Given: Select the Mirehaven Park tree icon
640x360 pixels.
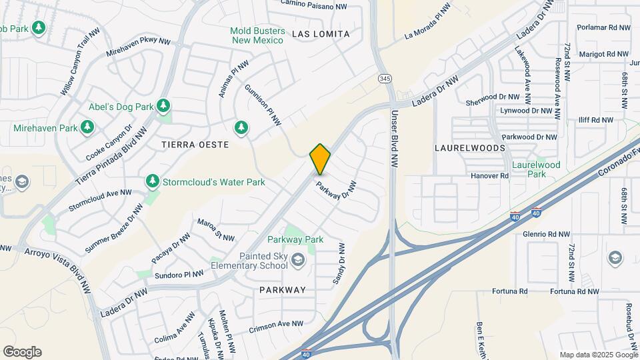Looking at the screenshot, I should [87, 127].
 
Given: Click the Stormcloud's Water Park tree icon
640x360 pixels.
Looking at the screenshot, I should [153, 181].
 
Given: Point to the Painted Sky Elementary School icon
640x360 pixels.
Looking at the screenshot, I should [297, 259].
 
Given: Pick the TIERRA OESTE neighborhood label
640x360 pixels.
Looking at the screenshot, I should [195, 145].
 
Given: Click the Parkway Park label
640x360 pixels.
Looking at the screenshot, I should [295, 239].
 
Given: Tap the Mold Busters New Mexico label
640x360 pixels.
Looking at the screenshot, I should [257, 35].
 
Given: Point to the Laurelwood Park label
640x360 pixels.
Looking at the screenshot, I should [536, 169].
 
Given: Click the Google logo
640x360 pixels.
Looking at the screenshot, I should [22, 352].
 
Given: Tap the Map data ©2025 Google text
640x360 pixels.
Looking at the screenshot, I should [599, 355].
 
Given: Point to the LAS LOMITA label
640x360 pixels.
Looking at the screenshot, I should [321, 33].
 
